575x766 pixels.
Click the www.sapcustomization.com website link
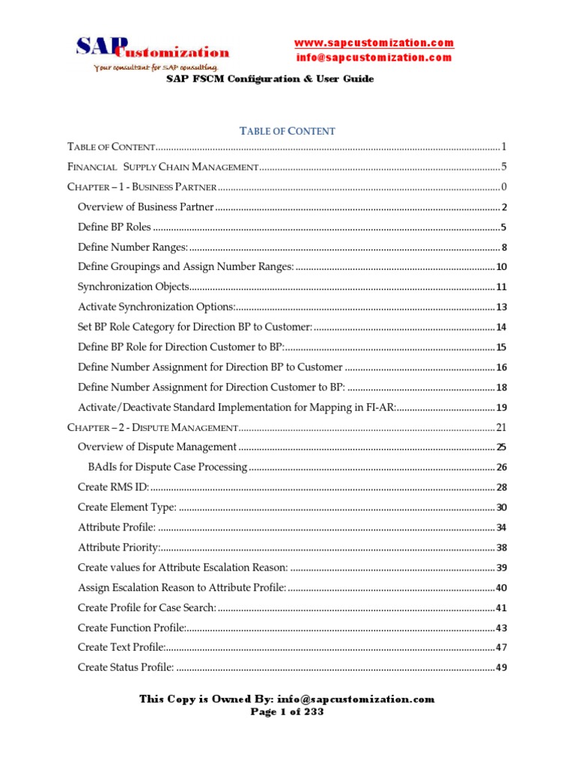point(374,43)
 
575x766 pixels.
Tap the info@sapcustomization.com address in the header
point(374,57)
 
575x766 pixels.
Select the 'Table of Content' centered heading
point(287,131)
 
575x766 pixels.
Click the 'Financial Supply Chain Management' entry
point(163,167)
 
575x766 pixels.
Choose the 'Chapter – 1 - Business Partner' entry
point(142,187)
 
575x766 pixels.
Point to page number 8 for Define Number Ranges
point(505,248)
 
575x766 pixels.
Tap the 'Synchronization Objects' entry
point(133,287)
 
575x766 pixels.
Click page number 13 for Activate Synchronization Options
point(502,307)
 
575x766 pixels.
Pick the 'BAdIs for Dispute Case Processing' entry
point(168,468)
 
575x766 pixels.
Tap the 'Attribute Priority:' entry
point(119,548)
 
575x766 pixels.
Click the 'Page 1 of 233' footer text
point(287,712)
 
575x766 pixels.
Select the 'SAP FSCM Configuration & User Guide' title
point(270,79)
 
